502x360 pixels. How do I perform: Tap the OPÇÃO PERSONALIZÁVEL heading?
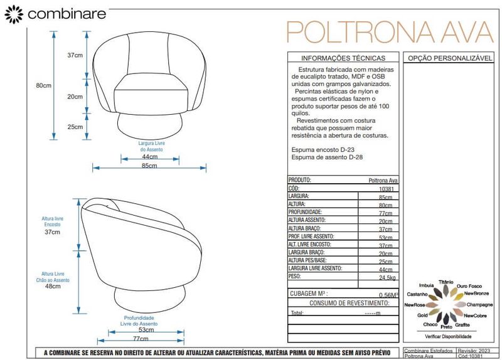pyautogui.click(x=449, y=58)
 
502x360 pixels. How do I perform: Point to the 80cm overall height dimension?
pyautogui.click(x=43, y=85)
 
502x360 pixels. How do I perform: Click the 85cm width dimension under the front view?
pyautogui.click(x=149, y=166)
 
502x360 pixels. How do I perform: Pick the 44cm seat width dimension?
pyautogui.click(x=149, y=156)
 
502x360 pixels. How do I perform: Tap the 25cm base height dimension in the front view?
pyautogui.click(x=75, y=127)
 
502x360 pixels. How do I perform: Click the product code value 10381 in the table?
pyautogui.click(x=387, y=188)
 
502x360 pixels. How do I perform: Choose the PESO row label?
pyautogui.click(x=296, y=276)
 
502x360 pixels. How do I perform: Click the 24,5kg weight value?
pyautogui.click(x=387, y=277)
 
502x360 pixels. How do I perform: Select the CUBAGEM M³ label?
pyautogui.click(x=309, y=293)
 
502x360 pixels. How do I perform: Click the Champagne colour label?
pyautogui.click(x=479, y=304)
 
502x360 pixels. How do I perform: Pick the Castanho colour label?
pyautogui.click(x=417, y=294)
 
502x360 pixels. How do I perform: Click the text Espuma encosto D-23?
pyautogui.click(x=327, y=151)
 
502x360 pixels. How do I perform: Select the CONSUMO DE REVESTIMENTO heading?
pyautogui.click(x=343, y=303)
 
